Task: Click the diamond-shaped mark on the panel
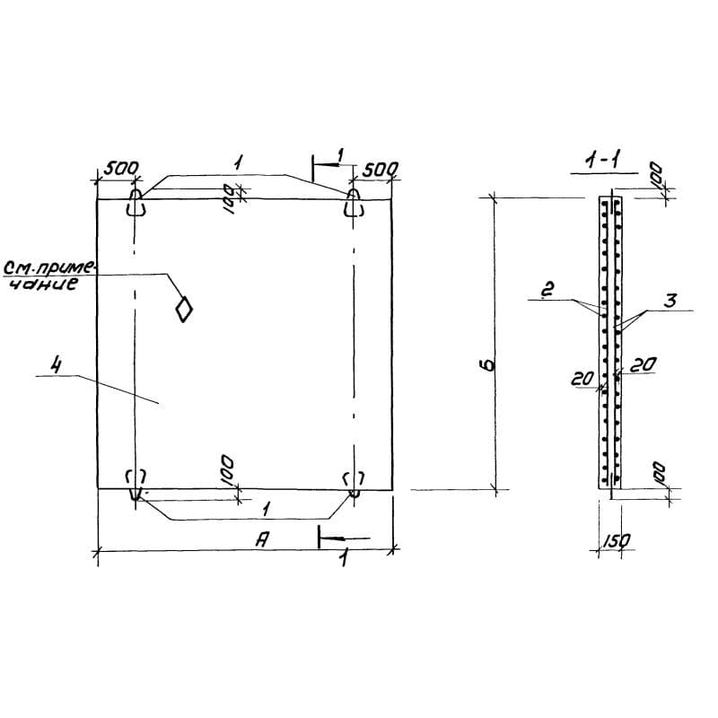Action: tap(184, 309)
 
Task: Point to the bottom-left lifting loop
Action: tap(136, 485)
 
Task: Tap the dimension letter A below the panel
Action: tap(261, 540)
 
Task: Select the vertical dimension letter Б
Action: tap(489, 365)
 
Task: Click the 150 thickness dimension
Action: tap(616, 541)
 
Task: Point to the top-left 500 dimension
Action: tap(120, 169)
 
